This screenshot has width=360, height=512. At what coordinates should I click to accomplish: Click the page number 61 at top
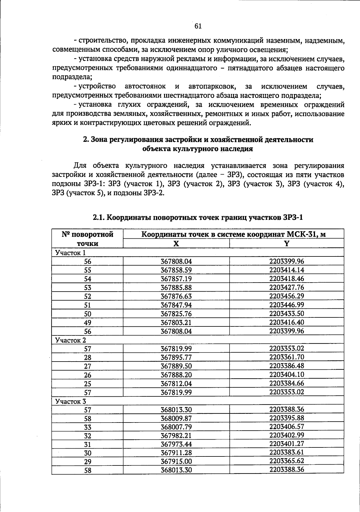[x=198, y=26]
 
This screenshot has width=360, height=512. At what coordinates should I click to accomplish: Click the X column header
[x=176, y=244]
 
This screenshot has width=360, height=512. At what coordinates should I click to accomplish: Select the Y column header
[x=286, y=244]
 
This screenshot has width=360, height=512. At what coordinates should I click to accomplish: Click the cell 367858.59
[x=176, y=270]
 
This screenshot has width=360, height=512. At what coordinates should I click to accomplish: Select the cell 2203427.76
[x=286, y=287]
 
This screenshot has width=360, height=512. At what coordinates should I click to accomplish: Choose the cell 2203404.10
[x=286, y=375]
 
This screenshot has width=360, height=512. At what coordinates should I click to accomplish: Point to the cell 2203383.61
[x=286, y=452]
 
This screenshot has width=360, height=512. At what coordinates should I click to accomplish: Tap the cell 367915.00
[x=176, y=462]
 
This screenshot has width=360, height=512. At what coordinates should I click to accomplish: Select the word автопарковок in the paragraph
[x=212, y=86]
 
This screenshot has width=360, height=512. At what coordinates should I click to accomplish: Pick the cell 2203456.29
[x=286, y=296]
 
